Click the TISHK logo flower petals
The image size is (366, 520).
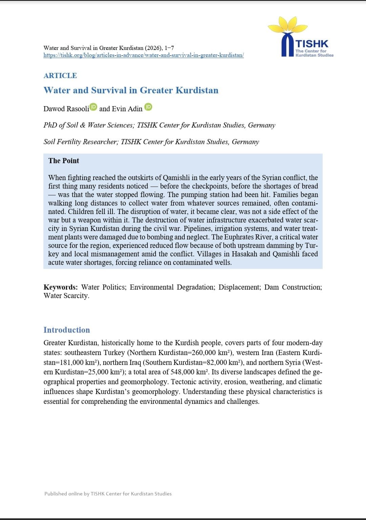click(x=288, y=26)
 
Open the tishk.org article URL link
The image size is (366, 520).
click(x=143, y=55)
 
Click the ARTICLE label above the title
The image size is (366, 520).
click(x=60, y=76)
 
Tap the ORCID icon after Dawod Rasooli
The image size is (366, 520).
click(x=94, y=107)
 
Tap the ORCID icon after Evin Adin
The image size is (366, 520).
click(x=148, y=107)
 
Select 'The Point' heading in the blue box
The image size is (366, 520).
click(x=63, y=161)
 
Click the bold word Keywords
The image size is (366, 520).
click(x=60, y=287)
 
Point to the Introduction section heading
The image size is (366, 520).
click(x=66, y=330)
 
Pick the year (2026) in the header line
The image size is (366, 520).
click(x=153, y=48)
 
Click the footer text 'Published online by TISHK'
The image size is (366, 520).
click(x=108, y=494)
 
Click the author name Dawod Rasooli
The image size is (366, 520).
click(x=66, y=109)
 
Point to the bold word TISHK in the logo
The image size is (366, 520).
click(x=312, y=44)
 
